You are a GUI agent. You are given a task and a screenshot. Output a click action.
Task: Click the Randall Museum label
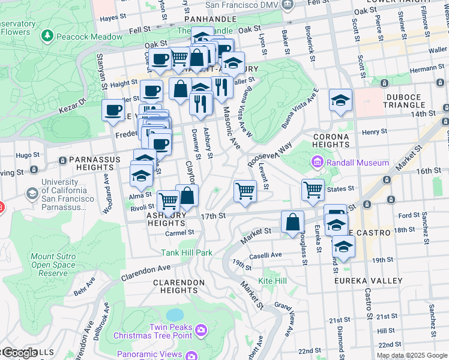point(357,163)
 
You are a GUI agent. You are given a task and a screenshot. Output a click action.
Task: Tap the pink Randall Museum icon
point(317,163)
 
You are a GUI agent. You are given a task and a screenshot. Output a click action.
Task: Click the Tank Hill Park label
point(186,253)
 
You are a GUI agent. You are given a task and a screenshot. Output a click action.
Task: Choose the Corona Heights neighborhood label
point(331,140)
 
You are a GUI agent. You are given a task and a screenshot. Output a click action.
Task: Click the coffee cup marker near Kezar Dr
point(113,110)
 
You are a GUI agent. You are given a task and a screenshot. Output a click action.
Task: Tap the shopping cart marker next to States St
point(313,190)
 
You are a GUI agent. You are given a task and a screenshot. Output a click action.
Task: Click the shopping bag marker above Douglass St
point(292,222)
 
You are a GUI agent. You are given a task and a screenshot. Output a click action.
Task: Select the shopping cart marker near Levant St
point(245,191)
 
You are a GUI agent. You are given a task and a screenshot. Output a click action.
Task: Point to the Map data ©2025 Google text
point(412,355)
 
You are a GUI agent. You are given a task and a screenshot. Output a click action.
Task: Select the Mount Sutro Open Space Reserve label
point(53,265)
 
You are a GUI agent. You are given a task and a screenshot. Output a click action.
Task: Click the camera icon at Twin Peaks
point(200,329)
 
